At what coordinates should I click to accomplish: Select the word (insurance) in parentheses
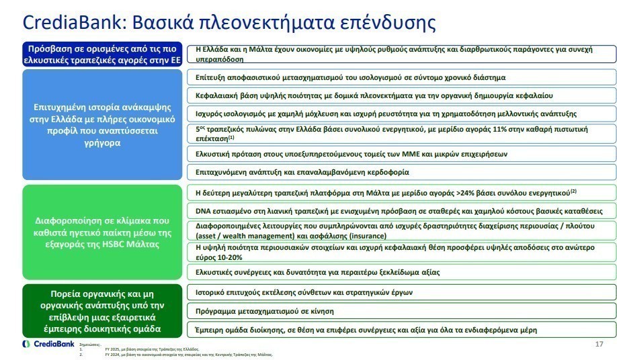(366, 236)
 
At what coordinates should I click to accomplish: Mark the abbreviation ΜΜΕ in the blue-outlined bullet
(396, 154)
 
